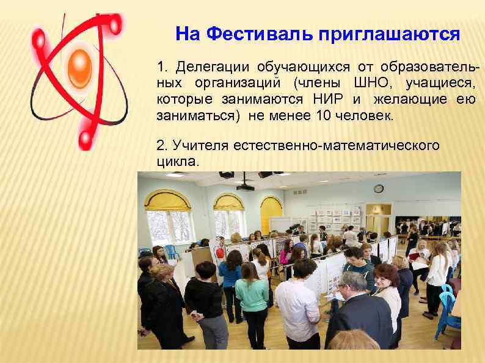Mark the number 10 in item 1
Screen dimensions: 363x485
click(x=323, y=116)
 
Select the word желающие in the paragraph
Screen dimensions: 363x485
click(x=412, y=99)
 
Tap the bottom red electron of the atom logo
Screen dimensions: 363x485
click(x=84, y=142)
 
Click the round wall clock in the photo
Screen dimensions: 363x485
click(x=379, y=189)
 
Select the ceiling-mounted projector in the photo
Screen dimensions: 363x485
click(x=245, y=184)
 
